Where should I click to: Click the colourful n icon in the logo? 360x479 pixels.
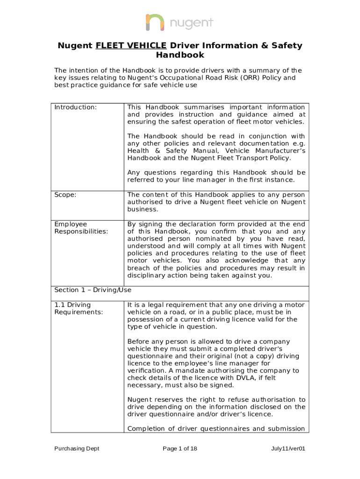(155, 22)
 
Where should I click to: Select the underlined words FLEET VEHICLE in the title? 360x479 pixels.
(131, 45)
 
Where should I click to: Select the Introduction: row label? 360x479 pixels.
(76, 107)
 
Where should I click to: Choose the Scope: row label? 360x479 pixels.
(66, 194)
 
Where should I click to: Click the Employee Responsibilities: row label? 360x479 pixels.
(81, 228)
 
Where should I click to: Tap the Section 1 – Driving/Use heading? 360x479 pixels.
(93, 290)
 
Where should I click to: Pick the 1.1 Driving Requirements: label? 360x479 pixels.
(78, 308)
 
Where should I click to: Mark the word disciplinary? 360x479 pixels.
(150, 275)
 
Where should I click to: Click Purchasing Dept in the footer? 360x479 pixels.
(77, 449)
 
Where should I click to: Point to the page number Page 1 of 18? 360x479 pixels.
(180, 449)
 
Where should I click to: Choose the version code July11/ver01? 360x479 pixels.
(288, 449)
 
